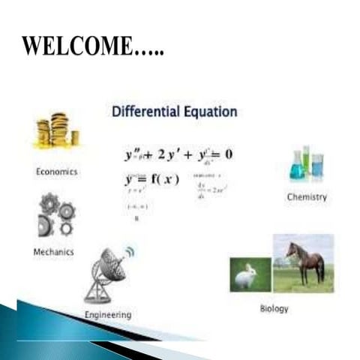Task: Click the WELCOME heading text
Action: coord(93,46)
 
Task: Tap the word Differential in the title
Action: coord(143,112)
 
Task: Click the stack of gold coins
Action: coord(57,130)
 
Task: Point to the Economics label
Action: coord(57,171)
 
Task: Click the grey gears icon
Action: coord(55,214)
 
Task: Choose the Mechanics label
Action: coord(54,252)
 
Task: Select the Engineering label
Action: coord(109,315)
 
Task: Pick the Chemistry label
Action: coord(307,197)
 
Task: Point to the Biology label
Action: coord(274,308)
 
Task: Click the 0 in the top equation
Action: coord(228,154)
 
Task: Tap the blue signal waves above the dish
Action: coord(129,251)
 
